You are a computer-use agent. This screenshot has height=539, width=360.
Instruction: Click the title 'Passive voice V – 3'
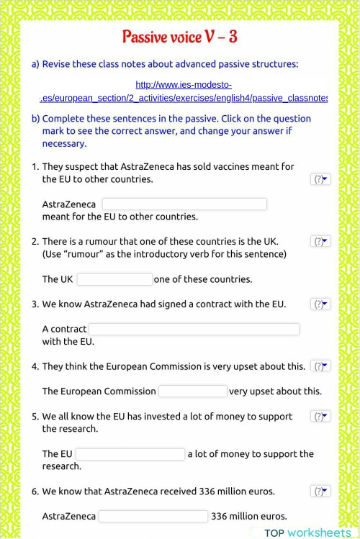pos(180,37)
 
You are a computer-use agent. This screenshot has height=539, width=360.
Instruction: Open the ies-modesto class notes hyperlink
pos(184,91)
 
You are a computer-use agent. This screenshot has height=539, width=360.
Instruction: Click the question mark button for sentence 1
pos(320,179)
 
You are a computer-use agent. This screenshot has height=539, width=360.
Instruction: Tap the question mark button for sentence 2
pos(320,242)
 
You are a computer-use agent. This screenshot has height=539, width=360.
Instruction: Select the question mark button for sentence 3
pos(320,304)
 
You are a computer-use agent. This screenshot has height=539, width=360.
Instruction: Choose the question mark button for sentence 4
pos(320,366)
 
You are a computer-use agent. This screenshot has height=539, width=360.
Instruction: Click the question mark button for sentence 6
pos(320,492)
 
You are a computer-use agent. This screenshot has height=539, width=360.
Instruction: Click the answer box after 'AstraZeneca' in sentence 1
pos(184,204)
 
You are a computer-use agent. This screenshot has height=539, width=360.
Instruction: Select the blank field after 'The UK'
pos(114,279)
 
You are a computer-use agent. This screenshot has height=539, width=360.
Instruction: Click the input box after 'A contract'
pos(193,329)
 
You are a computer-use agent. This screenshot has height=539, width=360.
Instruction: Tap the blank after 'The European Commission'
pos(192,391)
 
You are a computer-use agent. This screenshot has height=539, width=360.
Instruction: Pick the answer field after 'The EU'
pos(130,454)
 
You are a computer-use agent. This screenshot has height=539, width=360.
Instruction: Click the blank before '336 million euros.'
pos(153,516)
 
